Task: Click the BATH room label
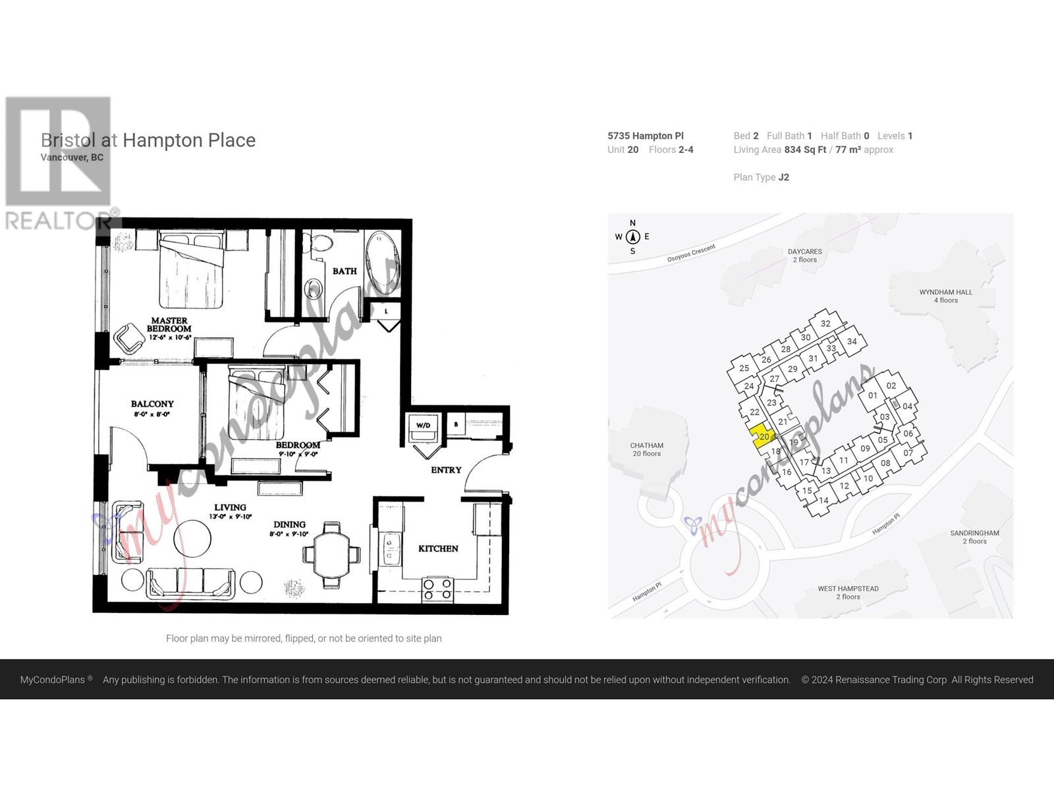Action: click(344, 271)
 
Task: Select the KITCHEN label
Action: click(438, 548)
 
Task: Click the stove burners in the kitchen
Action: click(437, 589)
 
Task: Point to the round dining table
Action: click(331, 554)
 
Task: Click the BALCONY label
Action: click(152, 404)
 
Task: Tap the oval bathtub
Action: click(382, 262)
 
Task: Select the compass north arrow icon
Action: click(632, 237)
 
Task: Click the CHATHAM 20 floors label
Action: click(646, 450)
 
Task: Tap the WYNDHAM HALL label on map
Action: click(945, 296)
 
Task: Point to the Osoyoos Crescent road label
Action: click(691, 253)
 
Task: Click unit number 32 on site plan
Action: click(825, 324)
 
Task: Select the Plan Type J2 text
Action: click(761, 177)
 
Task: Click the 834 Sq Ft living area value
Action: click(805, 150)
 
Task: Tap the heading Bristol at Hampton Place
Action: click(148, 140)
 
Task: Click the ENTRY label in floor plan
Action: click(446, 470)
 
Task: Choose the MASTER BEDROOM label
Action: click(169, 324)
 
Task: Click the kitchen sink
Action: click(389, 549)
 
